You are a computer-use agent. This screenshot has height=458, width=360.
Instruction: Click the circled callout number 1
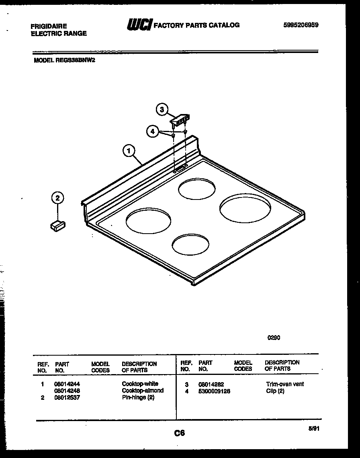pos(129,151)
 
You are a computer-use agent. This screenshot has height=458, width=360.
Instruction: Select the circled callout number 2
pos(58,197)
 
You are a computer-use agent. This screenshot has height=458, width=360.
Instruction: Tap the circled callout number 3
pos(162,109)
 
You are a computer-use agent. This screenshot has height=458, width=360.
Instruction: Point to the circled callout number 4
pos(152,131)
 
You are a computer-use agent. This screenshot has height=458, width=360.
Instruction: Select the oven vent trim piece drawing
pos(180,119)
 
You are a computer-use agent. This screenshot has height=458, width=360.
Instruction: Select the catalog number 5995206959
pos(301,25)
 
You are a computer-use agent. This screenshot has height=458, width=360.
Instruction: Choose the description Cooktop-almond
pos(143,391)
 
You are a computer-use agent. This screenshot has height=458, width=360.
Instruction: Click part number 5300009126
pos(214,391)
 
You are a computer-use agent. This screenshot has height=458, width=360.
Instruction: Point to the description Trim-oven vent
pos(285,384)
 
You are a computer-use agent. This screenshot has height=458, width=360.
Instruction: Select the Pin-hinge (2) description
pos(138,397)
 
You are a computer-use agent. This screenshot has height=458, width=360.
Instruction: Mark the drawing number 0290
pos(274,338)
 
